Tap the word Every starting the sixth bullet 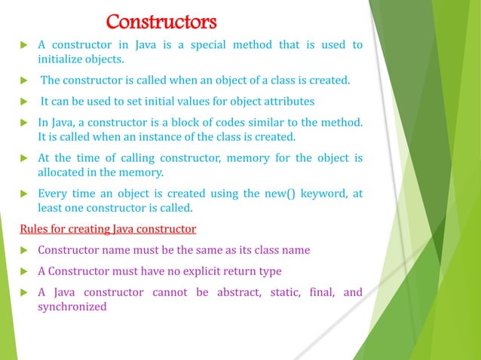pyautogui.click(x=52, y=194)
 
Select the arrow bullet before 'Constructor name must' pyautogui.click(x=23, y=250)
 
